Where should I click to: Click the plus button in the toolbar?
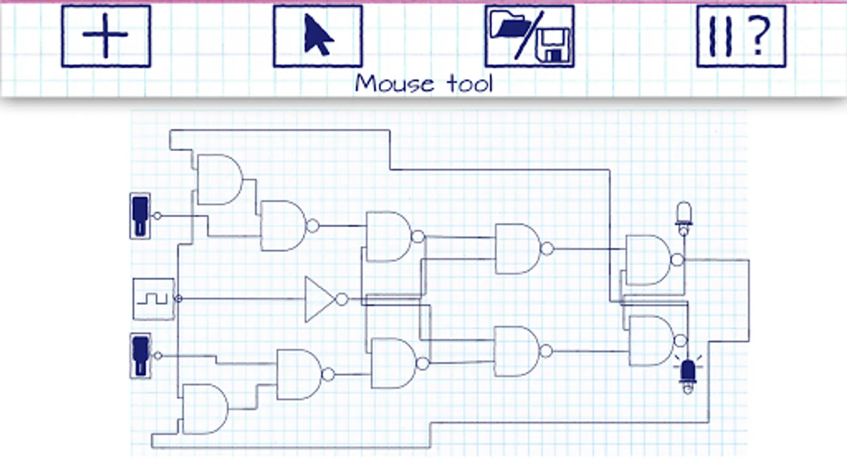point(106,36)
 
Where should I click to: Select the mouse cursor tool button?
point(318,36)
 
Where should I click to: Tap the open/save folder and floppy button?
point(529,36)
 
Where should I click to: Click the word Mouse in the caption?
point(394,84)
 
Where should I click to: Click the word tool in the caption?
point(470,84)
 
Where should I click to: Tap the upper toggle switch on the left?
point(140,216)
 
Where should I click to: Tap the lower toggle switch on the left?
point(140,355)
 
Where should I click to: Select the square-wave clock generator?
point(153,299)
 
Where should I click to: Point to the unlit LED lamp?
point(684,215)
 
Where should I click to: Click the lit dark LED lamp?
point(688,373)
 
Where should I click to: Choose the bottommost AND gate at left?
point(204,409)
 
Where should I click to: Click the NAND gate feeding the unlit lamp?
point(648,260)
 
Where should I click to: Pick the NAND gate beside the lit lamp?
point(651,341)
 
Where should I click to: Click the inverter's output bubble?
point(343,299)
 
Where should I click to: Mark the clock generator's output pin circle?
point(178,299)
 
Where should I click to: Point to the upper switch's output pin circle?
point(157,216)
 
